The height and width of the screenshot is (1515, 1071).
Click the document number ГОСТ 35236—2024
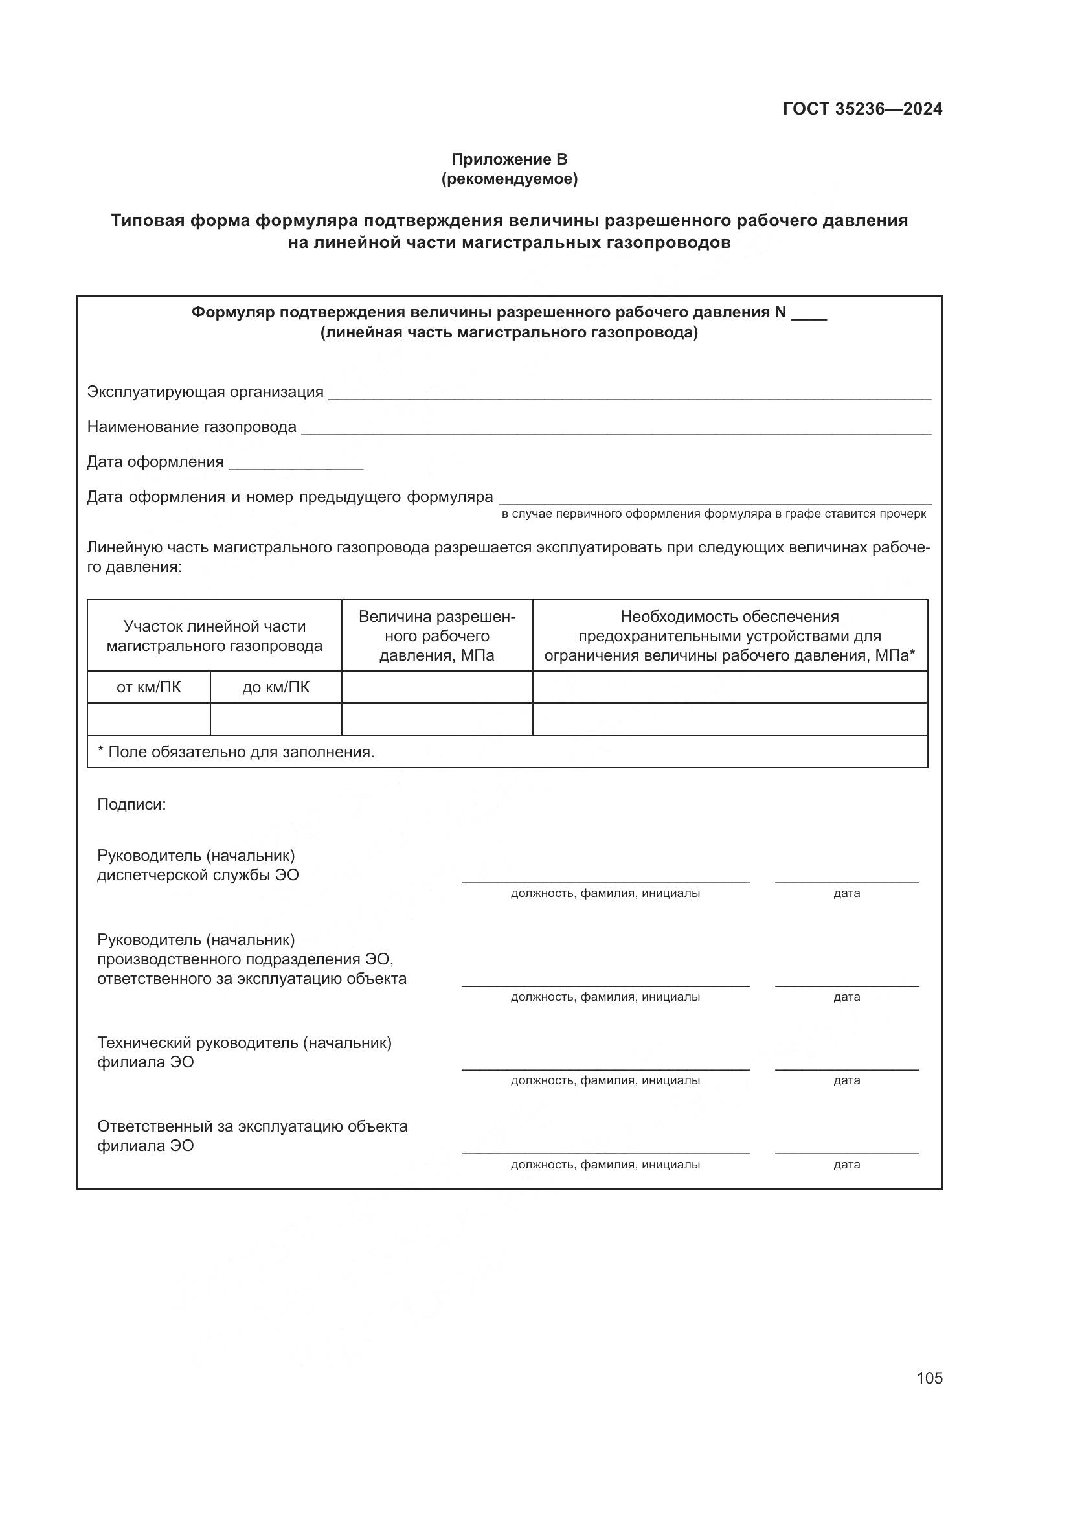[862, 109]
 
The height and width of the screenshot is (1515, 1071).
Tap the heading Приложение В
[509, 159]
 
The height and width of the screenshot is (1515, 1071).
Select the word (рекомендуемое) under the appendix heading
[509, 179]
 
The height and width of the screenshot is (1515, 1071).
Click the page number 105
[929, 1377]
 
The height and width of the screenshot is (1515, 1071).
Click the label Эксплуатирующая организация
[205, 392]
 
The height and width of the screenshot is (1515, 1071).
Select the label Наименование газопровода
[192, 427]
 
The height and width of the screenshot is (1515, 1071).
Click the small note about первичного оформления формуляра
[714, 514]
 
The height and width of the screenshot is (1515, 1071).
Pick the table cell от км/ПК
[148, 688]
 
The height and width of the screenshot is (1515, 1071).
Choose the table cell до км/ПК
[276, 688]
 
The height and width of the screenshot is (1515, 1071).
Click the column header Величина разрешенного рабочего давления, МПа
[436, 635]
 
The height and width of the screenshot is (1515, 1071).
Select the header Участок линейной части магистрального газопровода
[214, 635]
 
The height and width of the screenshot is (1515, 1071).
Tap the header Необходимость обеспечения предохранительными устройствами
[729, 635]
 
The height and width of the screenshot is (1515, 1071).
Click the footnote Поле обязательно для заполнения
[236, 751]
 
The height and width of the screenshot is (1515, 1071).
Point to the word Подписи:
[131, 804]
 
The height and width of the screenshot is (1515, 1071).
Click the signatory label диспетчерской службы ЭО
[198, 875]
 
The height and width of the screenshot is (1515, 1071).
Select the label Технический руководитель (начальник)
[244, 1043]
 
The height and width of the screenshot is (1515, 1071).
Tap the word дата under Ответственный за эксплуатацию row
[847, 1165]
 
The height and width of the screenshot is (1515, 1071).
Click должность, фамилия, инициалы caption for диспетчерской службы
[605, 893]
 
